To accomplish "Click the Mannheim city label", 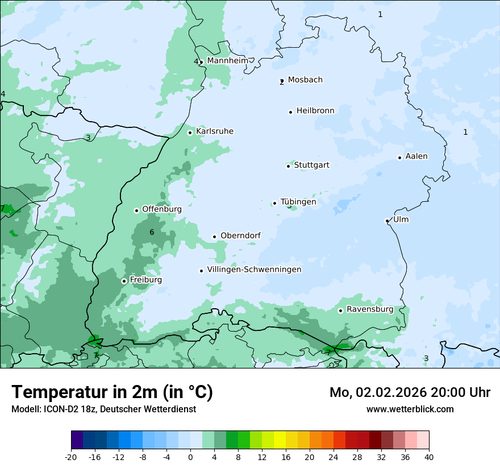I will click(227, 61).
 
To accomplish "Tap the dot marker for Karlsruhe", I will click(190, 133).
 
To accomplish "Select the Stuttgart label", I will click(311, 165).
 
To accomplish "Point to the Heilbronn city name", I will click(315, 111).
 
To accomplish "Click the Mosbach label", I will click(305, 80).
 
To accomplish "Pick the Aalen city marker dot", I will click(399, 158).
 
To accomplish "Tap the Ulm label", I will click(401, 220).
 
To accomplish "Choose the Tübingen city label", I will click(298, 202).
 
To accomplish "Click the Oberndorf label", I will click(240, 236).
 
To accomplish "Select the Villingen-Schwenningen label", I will click(254, 270).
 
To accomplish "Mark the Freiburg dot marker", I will click(124, 281).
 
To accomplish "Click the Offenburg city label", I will click(162, 209).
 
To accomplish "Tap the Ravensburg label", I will click(370, 309).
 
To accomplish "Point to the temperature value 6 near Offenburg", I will click(152, 232).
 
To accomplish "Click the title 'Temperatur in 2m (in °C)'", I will click(112, 392).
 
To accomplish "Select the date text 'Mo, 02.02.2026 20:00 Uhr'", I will click(410, 392).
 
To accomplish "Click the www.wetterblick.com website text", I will click(410, 409).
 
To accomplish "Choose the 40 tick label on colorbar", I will click(429, 457).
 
